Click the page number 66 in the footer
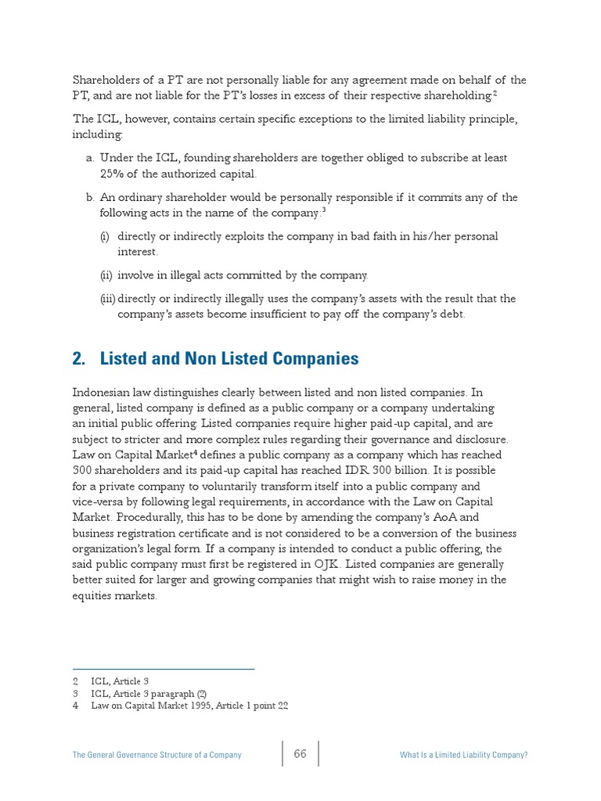pos(300,754)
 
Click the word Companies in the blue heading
pos(318,359)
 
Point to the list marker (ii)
pos(106,275)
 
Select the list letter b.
pos(90,197)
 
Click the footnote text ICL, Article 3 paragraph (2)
pos(148,694)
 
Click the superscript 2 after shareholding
pos(495,92)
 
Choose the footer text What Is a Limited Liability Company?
pos(463,755)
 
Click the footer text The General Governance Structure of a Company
pos(157,755)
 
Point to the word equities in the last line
pos(94,595)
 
